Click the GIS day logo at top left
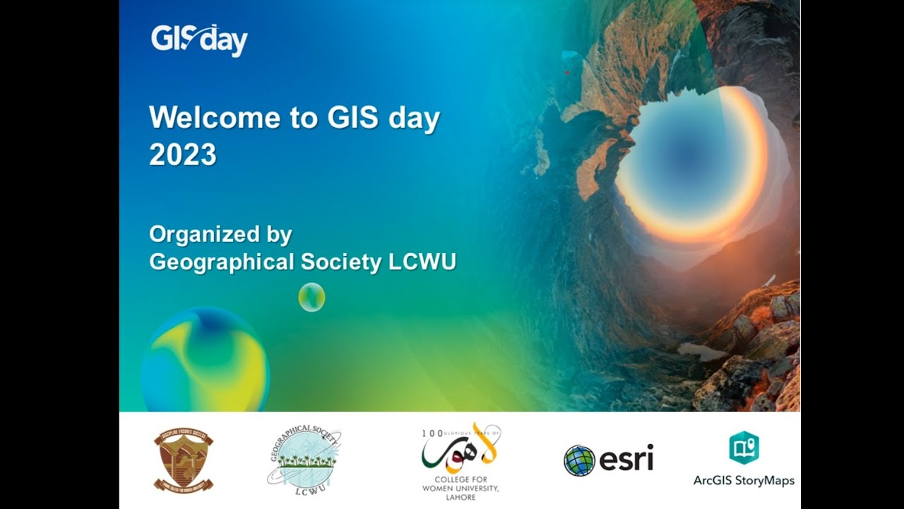(x=199, y=40)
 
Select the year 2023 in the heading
(x=182, y=154)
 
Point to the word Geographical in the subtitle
(x=221, y=262)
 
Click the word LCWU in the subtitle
(x=422, y=262)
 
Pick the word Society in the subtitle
(x=341, y=262)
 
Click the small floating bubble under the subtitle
(x=311, y=297)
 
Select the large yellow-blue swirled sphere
(x=206, y=361)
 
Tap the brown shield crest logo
(x=184, y=460)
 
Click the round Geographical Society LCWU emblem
(x=304, y=458)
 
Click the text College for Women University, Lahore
(x=460, y=488)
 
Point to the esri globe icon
(x=579, y=460)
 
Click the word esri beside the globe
(x=626, y=460)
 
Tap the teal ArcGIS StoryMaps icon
(x=744, y=448)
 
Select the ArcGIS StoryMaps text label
(x=744, y=481)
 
